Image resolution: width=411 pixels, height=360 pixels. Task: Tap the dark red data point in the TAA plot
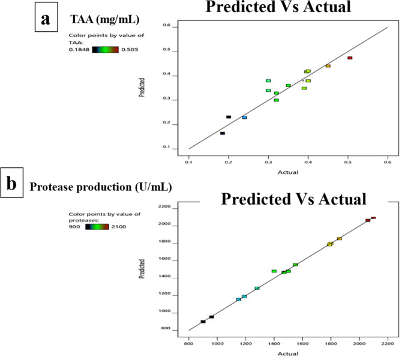pos(350,58)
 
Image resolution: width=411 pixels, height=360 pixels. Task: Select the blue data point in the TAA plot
pos(244,118)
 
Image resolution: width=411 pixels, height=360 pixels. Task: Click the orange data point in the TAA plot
pos(328,66)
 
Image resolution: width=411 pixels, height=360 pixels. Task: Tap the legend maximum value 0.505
pos(130,50)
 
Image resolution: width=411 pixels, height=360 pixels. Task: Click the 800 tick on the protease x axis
pos(189,341)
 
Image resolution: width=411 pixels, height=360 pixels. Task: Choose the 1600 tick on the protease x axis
pos(302,341)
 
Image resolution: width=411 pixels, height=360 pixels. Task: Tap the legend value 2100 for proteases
pos(118,226)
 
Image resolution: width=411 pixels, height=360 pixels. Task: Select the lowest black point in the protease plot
pos(203,322)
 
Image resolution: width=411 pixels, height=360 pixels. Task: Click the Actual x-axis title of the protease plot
pos(289,353)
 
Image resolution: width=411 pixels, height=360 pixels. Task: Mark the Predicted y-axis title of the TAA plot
pos(142,88)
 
